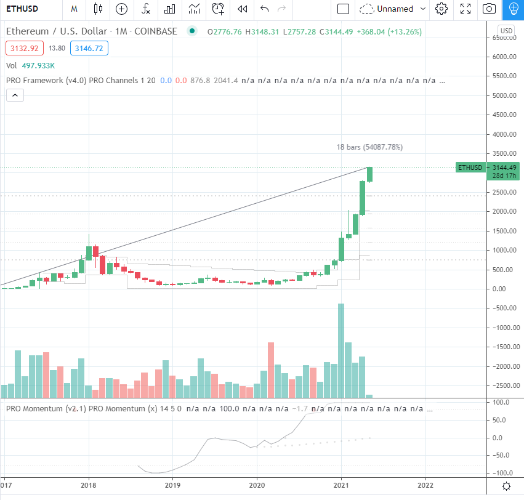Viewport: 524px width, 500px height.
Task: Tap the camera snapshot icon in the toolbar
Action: pos(489,9)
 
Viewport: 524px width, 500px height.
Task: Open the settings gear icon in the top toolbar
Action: pos(441,9)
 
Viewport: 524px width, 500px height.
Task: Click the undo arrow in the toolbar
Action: pos(265,9)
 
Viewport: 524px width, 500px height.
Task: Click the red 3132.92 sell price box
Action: pos(23,47)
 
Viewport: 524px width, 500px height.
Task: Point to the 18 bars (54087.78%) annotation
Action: pos(369,147)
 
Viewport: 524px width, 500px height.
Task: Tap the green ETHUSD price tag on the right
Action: pos(470,167)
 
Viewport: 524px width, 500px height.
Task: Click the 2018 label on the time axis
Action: pos(89,485)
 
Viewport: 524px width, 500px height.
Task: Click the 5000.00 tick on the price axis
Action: pos(504,95)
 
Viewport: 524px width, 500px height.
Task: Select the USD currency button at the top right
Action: pos(506,31)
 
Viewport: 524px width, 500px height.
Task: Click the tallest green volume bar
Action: pos(341,351)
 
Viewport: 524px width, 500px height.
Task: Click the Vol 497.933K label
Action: pos(31,65)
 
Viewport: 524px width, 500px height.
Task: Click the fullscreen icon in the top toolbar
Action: pos(466,9)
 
